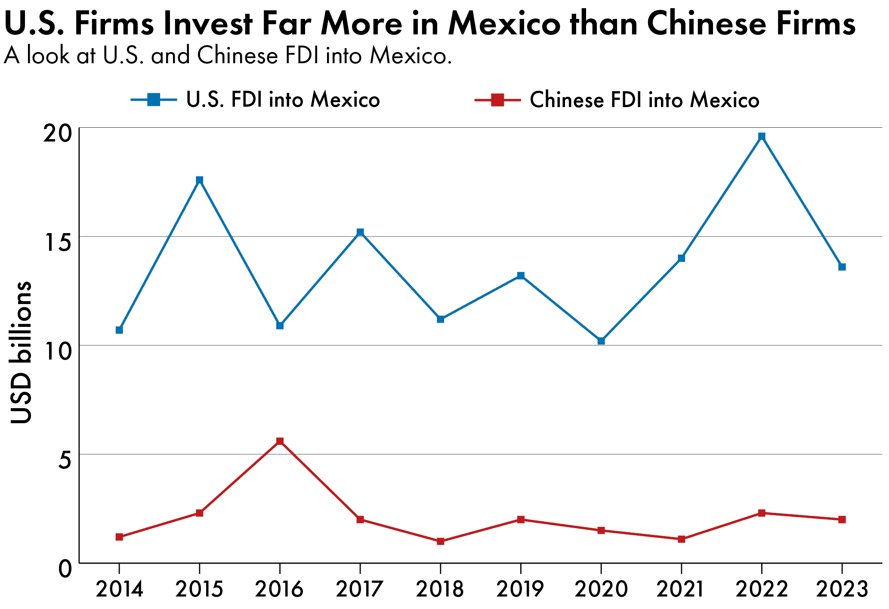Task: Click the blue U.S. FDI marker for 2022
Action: point(762,137)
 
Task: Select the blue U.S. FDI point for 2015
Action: point(200,180)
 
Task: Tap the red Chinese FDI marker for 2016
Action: point(280,441)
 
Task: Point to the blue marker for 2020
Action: point(601,341)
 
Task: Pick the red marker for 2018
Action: point(441,541)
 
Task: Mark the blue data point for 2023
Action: point(842,267)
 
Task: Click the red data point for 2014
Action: point(120,537)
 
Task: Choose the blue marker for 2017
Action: point(361,232)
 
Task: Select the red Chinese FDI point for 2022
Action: point(762,513)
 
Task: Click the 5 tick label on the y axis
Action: point(65,460)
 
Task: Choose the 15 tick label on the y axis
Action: point(58,242)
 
